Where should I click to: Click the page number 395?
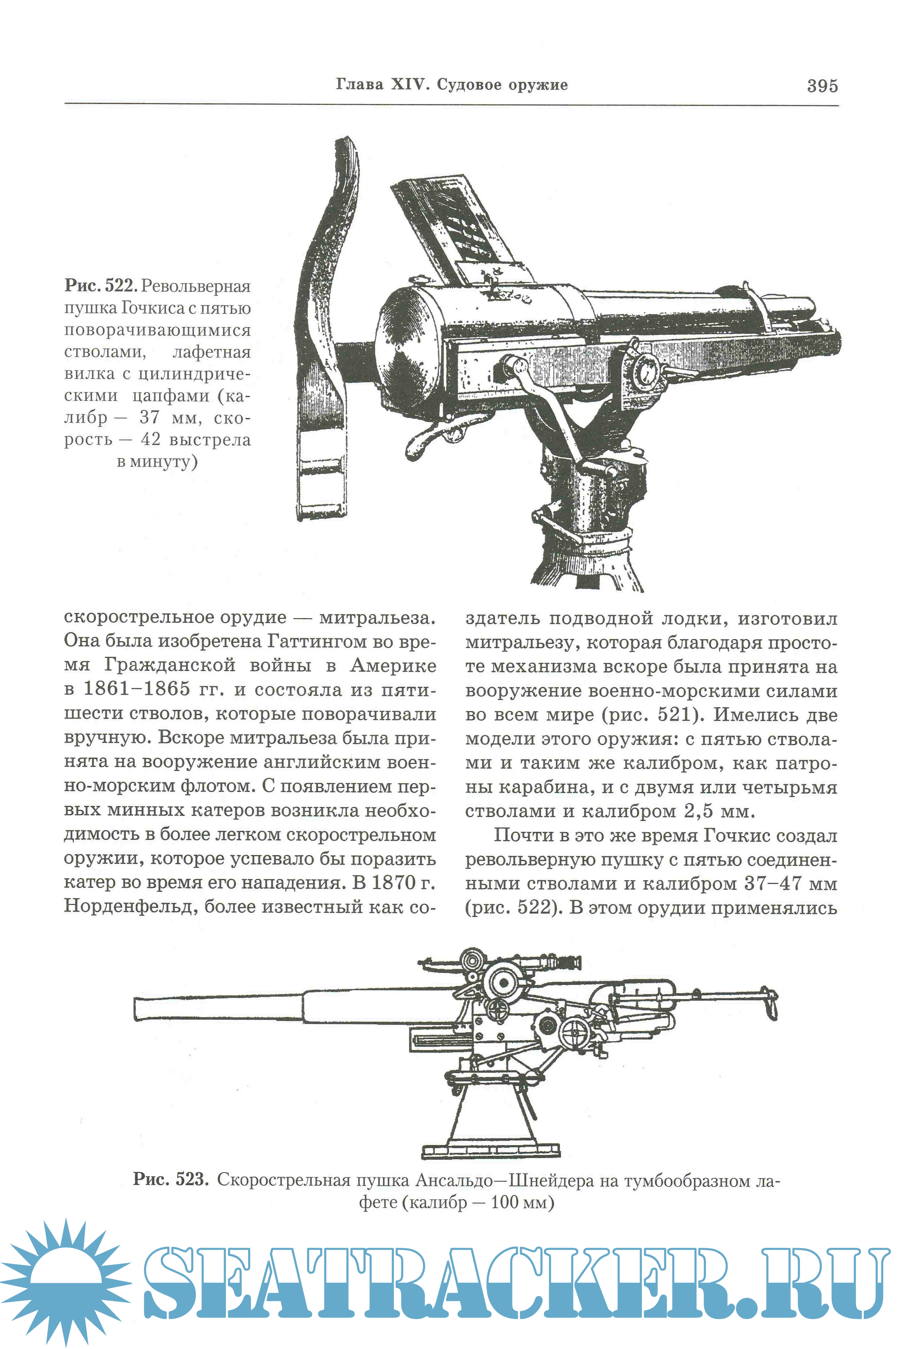click(x=822, y=86)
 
